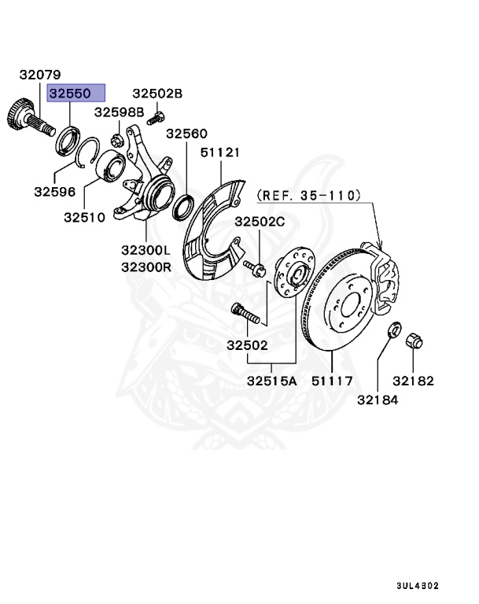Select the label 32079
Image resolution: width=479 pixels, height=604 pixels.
click(40, 75)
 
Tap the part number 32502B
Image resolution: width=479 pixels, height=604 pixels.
click(157, 94)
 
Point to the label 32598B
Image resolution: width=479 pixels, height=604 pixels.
click(120, 112)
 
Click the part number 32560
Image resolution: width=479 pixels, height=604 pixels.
click(186, 134)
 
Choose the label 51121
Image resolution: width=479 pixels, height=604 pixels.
click(220, 152)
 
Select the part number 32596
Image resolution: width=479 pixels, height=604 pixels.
click(55, 190)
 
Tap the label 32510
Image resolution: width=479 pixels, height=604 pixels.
click(85, 216)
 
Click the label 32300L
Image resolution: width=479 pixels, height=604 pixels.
click(146, 250)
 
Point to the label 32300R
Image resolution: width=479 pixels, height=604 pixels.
click(146, 267)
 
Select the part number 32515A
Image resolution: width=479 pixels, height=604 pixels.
click(271, 381)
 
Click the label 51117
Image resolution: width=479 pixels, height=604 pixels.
click(333, 381)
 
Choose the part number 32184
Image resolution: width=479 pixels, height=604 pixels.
click(378, 400)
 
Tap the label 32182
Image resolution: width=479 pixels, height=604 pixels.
click(414, 381)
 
